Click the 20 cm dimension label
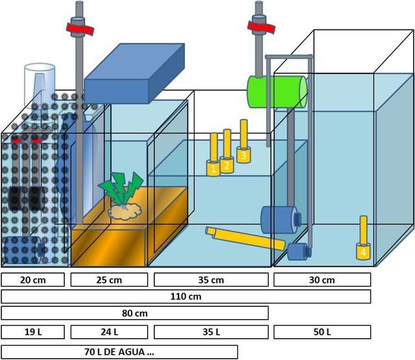pyautogui.click(x=33, y=280)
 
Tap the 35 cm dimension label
pyautogui.click(x=211, y=280)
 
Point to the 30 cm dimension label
pyautogui.click(x=322, y=280)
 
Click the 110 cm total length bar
pyautogui.click(x=186, y=296)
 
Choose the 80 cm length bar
pyautogui.click(x=134, y=313)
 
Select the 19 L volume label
pyautogui.click(x=33, y=332)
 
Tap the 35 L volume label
pyautogui.click(x=211, y=332)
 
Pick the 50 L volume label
pyautogui.click(x=322, y=332)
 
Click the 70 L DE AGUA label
pyautogui.click(x=119, y=352)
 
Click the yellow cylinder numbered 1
pyautogui.click(x=213, y=167)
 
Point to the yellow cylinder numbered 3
pyautogui.click(x=243, y=154)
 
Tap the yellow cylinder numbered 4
pyautogui.click(x=363, y=249)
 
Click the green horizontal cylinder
pyautogui.click(x=276, y=91)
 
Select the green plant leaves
pyautogui.click(x=121, y=188)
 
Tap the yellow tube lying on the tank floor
pyautogui.click(x=245, y=238)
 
